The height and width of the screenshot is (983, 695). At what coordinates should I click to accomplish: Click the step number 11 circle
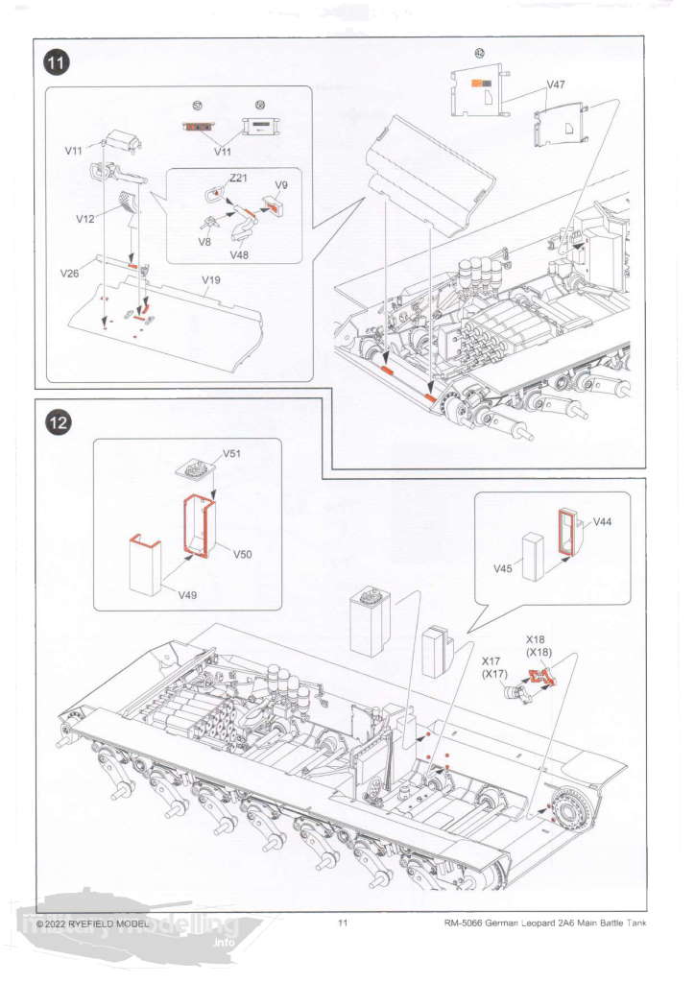coord(57,63)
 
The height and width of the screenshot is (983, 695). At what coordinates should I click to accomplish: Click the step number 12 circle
coord(58,422)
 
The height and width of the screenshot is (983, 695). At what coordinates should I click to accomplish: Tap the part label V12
coord(84,219)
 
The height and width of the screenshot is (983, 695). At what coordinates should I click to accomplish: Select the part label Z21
coord(238,178)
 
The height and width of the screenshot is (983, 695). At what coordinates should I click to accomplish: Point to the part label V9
coord(280,185)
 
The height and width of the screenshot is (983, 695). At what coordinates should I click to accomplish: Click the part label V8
coord(204,241)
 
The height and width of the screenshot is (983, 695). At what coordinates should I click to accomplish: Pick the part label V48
coord(239,255)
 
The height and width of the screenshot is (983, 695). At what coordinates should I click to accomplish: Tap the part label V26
coord(69,274)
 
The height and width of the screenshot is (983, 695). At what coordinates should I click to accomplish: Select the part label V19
coord(211,279)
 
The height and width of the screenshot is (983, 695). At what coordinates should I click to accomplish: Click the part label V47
coord(556,84)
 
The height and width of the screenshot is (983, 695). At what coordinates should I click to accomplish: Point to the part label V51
coord(232,454)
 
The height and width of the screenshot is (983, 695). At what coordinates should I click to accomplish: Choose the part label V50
coord(243,554)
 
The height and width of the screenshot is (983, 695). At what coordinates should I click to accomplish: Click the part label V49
coord(187,595)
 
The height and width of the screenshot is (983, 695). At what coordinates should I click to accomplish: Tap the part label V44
coord(602,521)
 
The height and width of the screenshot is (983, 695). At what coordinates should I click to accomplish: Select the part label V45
coord(503,568)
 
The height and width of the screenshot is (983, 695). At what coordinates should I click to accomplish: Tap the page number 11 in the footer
coord(342,923)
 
